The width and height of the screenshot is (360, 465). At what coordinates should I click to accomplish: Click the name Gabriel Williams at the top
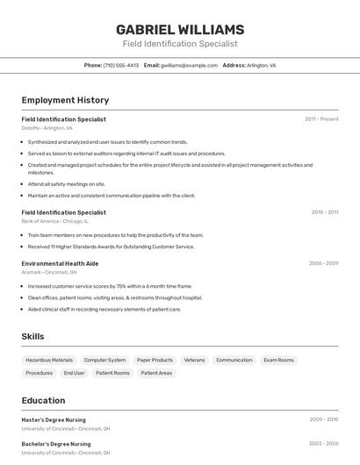(180, 29)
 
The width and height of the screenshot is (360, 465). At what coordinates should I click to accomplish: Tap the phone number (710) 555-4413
(121, 65)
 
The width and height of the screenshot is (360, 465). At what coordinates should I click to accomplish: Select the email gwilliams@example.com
(189, 65)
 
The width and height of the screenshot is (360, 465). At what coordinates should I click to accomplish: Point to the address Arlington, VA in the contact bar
(261, 65)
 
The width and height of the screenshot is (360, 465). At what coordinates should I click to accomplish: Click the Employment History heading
(65, 100)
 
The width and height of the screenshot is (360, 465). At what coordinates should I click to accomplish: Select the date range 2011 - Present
(321, 118)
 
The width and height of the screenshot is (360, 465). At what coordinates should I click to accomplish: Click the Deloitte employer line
(47, 128)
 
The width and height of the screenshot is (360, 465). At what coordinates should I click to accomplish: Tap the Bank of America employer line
(54, 221)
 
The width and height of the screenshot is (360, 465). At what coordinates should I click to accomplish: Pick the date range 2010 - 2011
(324, 211)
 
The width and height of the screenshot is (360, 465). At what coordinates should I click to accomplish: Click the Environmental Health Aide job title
(60, 263)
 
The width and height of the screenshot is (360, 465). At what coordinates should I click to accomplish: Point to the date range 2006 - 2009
(323, 262)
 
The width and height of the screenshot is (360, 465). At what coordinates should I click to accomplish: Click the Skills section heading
(33, 336)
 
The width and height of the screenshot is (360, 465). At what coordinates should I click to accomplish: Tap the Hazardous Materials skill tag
(49, 360)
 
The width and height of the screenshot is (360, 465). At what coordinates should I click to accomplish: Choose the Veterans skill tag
(194, 360)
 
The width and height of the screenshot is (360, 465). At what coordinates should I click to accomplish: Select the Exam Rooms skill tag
(278, 360)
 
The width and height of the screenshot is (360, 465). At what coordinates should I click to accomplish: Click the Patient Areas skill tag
(156, 373)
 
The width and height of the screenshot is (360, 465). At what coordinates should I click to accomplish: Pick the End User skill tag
(74, 373)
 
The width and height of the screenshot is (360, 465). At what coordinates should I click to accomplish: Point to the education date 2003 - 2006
(323, 444)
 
